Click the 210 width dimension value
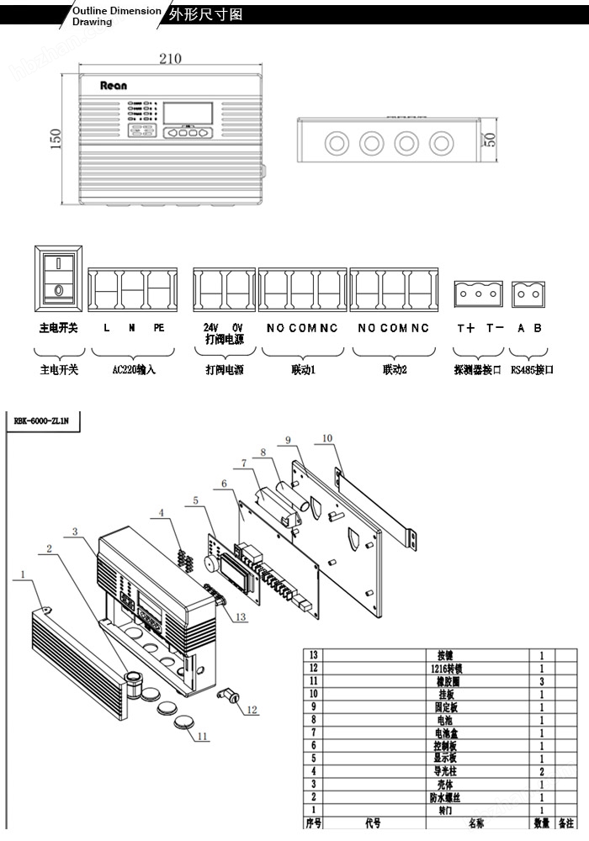coord(170,59)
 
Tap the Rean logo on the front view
coord(113,85)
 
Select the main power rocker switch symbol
coord(58,275)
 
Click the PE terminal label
coord(158,328)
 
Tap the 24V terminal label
coord(210,327)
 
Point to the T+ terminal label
coord(465,328)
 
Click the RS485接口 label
coord(532,369)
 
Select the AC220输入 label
coord(134,369)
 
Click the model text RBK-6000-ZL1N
coord(41,423)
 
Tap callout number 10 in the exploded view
coord(326,438)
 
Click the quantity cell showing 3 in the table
coord(541,682)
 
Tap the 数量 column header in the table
coord(541,823)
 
